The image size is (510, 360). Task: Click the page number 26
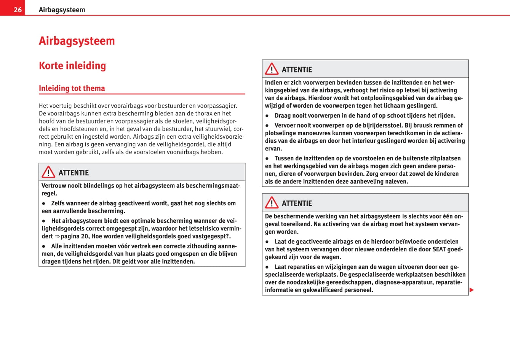tap(18, 10)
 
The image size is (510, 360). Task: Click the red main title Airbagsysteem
tap(77, 41)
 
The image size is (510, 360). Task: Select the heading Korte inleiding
tap(72, 66)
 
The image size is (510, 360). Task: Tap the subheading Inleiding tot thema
tap(72, 88)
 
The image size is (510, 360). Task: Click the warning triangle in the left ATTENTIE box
tap(48, 172)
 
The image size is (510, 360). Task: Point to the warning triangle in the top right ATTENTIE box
tap(272, 69)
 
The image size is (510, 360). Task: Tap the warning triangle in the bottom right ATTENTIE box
tap(272, 203)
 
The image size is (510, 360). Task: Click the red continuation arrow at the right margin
tap(472, 290)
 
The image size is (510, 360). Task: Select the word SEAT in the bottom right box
tap(439, 249)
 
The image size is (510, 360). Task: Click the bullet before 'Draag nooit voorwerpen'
tap(267, 116)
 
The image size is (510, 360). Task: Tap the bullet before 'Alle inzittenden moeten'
tap(44, 246)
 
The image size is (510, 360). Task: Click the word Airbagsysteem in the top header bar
tap(62, 10)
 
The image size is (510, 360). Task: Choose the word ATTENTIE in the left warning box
tap(74, 173)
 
